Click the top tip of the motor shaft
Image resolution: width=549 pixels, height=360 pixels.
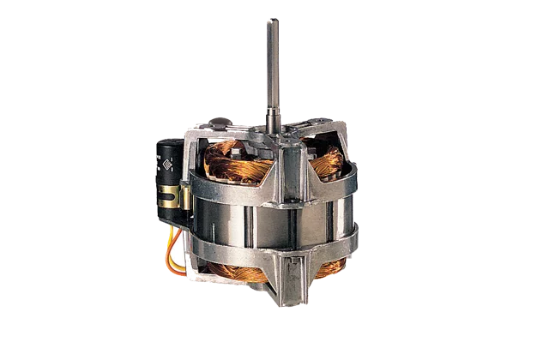[x=274, y=17]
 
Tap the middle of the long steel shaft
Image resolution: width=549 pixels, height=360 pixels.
[x=274, y=69]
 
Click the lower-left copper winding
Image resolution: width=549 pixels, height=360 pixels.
[x=232, y=273]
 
